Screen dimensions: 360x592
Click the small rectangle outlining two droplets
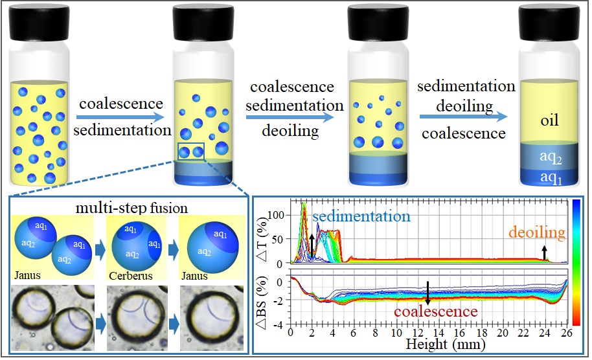pyautogui.click(x=190, y=152)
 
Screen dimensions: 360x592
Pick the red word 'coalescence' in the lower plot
pyautogui.click(x=427, y=311)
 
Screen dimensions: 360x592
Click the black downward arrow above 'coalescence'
pyautogui.click(x=428, y=293)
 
